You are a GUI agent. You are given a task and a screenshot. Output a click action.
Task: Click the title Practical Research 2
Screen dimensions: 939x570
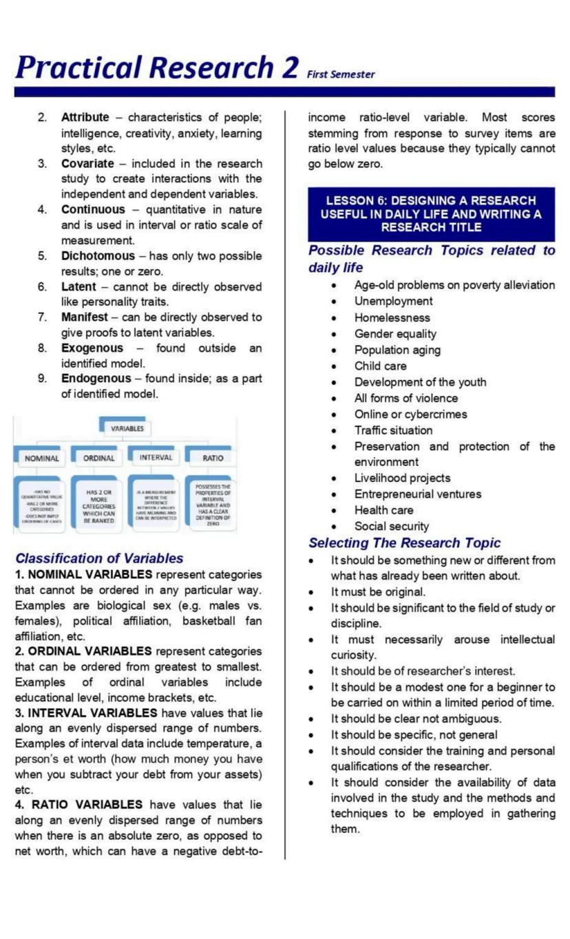[x=157, y=68]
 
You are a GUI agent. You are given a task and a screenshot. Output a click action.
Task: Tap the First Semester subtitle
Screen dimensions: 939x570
[x=341, y=74]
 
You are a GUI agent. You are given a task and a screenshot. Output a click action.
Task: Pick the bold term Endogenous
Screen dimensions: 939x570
[x=96, y=379]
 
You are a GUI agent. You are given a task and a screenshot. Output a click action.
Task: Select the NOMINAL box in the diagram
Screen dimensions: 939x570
[x=41, y=458]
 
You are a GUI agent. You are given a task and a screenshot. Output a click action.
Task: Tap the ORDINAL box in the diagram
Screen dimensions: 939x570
[x=98, y=458]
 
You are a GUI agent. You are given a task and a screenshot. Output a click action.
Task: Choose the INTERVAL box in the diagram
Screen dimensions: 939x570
[x=156, y=457]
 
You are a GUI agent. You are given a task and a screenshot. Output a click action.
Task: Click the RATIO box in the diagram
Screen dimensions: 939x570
[x=213, y=458]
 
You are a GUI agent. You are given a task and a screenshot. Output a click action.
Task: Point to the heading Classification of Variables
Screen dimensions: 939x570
[x=99, y=558]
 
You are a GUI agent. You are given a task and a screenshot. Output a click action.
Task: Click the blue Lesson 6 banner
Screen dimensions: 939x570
[x=431, y=213]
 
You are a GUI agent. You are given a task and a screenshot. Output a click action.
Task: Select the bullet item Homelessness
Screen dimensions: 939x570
[x=392, y=318]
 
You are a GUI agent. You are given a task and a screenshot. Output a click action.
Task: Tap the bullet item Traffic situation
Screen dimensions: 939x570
[x=393, y=430]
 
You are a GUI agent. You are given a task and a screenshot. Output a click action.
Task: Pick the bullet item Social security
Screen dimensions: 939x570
[x=391, y=527]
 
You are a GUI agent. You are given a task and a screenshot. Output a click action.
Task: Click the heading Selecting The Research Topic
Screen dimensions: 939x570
[x=405, y=543]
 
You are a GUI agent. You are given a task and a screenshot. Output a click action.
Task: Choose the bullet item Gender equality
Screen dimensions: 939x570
[x=395, y=334]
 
